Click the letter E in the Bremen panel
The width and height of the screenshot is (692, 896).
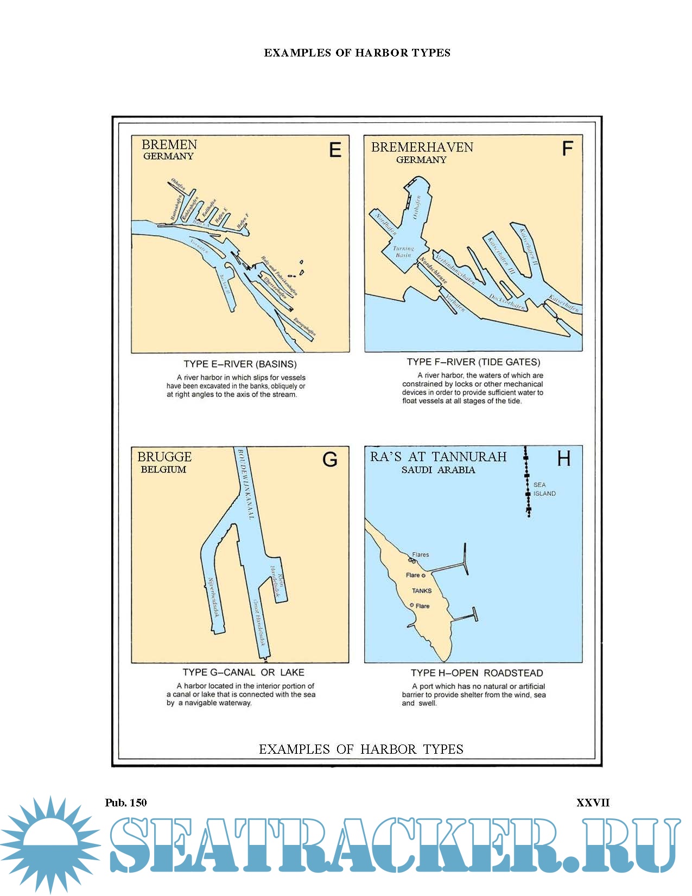pos(335,149)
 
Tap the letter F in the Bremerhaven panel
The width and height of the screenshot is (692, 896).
pos(567,148)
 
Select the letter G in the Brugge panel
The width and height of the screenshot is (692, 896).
pos(330,459)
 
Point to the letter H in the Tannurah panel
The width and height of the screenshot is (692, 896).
pos(564,459)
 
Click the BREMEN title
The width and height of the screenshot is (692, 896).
pos(169,144)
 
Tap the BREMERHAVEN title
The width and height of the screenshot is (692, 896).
pos(422,147)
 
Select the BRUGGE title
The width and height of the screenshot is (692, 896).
pos(164,457)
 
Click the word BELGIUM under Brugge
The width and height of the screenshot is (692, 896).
pos(163,470)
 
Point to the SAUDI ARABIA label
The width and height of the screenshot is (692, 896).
pos(438,470)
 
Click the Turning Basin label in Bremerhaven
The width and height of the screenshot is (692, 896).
pos(403,251)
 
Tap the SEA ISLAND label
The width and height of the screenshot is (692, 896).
pos(544,489)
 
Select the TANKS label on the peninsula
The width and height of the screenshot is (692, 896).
pos(422,591)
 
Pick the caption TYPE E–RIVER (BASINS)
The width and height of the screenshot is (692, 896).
pos(240,364)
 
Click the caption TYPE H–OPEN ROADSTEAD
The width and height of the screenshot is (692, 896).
pos(477,673)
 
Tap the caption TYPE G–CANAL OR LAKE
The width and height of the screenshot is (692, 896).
pos(243,672)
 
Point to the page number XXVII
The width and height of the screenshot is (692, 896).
pos(593,803)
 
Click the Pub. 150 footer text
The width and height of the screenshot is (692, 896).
pos(126,803)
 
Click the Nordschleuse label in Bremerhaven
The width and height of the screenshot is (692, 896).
pos(433,270)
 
